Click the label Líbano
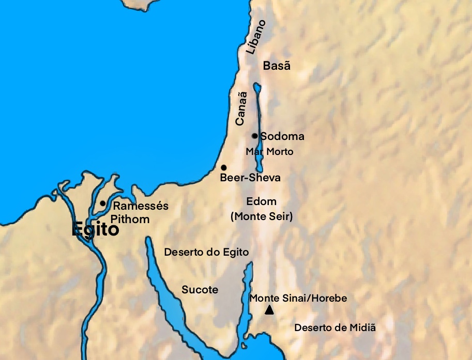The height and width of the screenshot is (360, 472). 256,37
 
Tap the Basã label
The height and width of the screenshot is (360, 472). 277,66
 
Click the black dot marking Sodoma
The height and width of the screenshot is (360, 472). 254,136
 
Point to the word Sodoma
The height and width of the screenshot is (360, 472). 282,136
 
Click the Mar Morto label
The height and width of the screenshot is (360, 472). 269,152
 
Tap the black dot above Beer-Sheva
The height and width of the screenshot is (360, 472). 223,168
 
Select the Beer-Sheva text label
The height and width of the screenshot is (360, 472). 250,178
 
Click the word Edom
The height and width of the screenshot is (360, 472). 262,201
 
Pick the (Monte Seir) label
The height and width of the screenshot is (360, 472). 262,217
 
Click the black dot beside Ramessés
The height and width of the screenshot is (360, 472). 103,204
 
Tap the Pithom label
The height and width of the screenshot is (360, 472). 130,219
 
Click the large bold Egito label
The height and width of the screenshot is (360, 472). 95,229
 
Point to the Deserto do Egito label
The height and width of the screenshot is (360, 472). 206,253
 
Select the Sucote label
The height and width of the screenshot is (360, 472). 200,290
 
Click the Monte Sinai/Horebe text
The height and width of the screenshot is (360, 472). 298,299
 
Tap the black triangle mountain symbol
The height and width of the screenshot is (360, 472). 269,310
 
